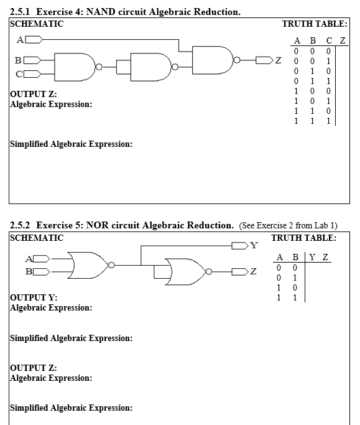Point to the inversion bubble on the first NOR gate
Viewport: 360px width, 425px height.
pos(112,264)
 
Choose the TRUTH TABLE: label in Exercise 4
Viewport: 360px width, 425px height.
pos(314,24)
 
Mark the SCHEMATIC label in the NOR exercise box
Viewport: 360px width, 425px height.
pos(37,237)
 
